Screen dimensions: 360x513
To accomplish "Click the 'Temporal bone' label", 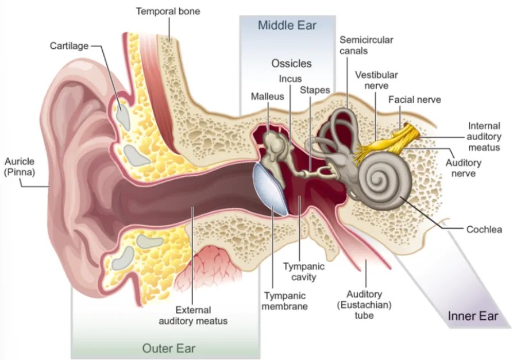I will point(168,11).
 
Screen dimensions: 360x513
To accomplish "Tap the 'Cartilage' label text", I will point(70,45).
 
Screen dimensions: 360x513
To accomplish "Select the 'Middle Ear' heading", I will point(287,25).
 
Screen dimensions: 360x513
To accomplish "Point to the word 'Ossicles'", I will point(291,63).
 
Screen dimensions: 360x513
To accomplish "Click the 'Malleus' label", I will point(267,96).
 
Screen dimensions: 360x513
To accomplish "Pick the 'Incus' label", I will point(290,79).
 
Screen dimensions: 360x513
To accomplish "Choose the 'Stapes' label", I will point(315,90).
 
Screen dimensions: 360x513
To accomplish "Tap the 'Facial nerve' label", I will point(414,99).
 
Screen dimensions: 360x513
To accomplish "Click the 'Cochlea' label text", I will point(484,230).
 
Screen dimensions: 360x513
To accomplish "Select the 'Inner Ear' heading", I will point(472,316).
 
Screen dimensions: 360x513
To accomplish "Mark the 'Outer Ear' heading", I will point(168,348).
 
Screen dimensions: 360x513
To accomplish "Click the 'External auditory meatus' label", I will point(192,315).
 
